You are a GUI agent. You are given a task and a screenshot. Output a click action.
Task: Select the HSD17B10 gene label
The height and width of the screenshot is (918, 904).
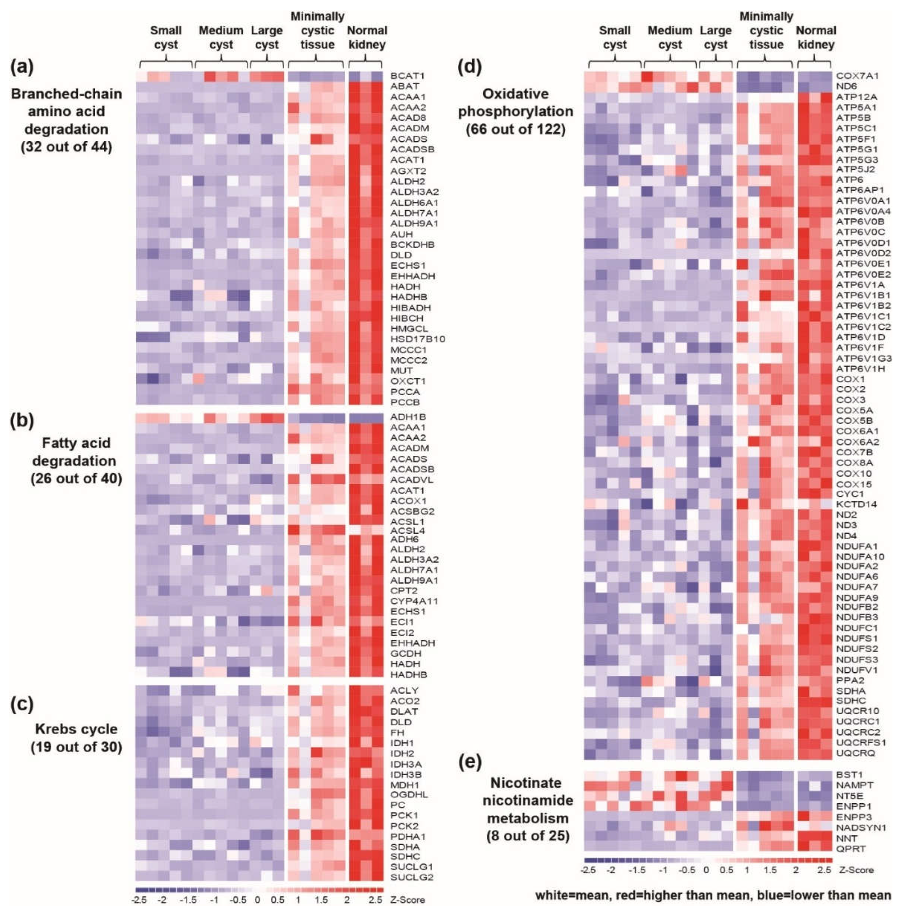[417, 339]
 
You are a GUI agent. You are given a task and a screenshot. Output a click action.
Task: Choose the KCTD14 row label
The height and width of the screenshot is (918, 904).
[856, 504]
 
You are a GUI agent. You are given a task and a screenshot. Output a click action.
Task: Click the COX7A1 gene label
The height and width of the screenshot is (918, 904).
[857, 75]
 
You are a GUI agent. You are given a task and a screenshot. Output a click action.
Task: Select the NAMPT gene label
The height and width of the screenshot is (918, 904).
[854, 786]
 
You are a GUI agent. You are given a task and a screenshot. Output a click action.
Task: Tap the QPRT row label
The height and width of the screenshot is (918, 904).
[851, 848]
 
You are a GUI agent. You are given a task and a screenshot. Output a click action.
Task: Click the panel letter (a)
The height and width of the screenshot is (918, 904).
[22, 67]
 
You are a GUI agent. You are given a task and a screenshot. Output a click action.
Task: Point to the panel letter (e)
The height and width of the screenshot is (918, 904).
[470, 762]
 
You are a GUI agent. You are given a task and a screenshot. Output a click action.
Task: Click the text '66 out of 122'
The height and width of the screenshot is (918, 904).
[516, 130]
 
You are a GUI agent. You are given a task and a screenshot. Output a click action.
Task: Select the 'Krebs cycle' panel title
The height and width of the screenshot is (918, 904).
[76, 729]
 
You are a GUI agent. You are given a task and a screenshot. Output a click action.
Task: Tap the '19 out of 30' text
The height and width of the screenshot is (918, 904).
[76, 747]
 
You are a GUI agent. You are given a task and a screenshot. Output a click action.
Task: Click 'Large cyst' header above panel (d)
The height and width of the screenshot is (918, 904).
[715, 37]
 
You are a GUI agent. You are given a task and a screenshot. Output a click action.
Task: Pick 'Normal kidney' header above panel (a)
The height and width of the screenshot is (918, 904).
[367, 37]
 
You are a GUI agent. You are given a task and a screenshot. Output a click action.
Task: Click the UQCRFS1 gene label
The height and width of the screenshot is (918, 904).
[860, 742]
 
